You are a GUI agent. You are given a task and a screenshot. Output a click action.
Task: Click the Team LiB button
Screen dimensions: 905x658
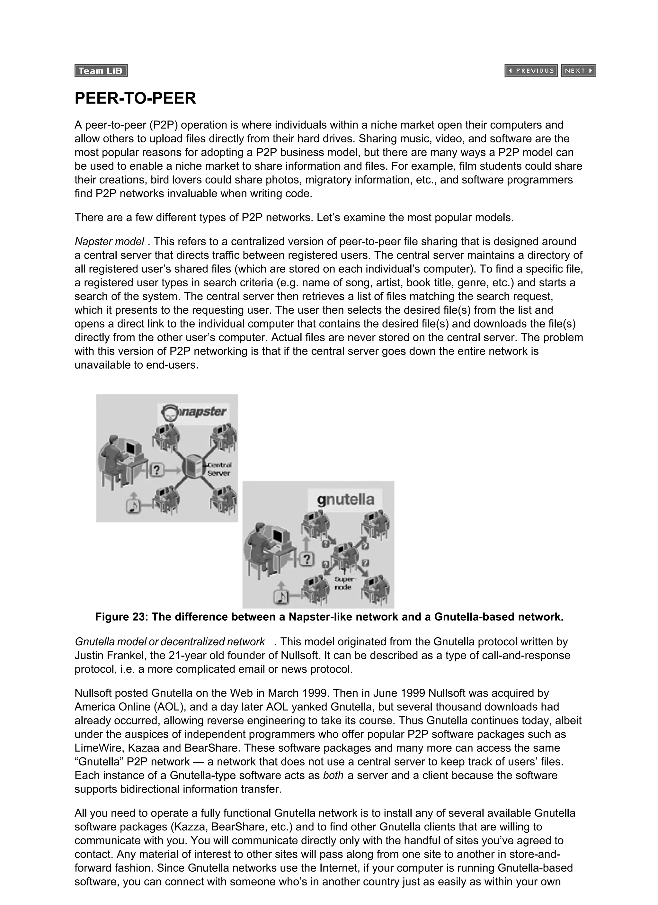[x=101, y=71]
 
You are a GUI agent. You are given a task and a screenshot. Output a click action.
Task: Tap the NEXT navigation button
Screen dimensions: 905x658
[x=578, y=71]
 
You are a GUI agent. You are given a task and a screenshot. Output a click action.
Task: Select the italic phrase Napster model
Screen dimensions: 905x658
[x=109, y=241]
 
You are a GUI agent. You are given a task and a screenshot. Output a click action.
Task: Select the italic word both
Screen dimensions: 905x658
[x=333, y=775]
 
